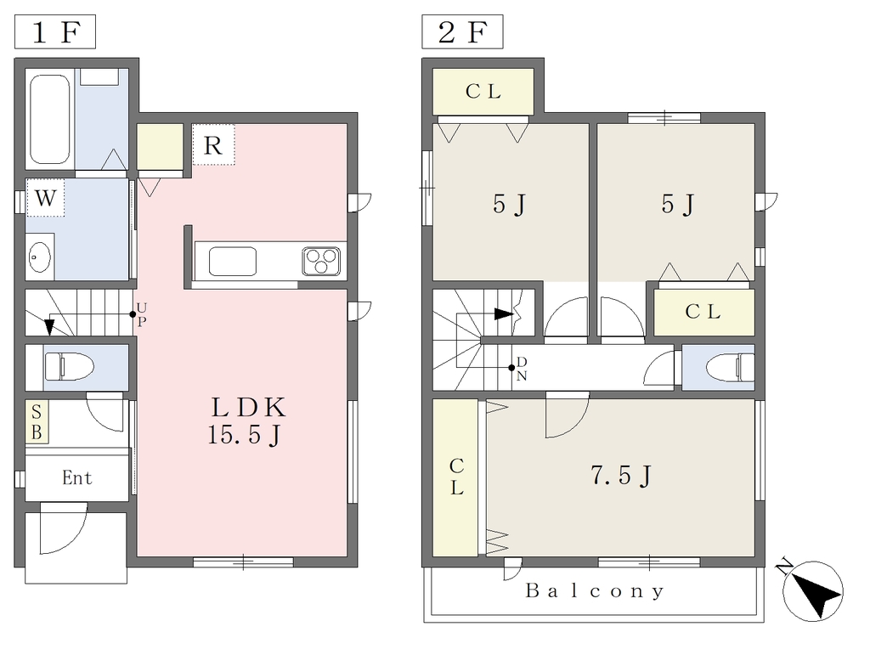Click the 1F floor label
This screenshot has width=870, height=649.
coord(55,32)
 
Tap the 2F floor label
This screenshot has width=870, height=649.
coord(462,32)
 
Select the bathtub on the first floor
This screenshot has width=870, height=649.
coord(50,119)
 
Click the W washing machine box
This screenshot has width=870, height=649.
coord(46,197)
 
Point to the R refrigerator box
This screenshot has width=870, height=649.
coord(213,144)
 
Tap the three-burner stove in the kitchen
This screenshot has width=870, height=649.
coord(321,262)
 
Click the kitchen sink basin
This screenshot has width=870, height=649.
coord(233,262)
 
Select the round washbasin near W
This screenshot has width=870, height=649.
coord(39,257)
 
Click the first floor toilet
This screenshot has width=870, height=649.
coord(69,367)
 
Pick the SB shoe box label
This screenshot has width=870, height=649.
coord(37,422)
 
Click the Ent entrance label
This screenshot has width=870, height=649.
coord(77,477)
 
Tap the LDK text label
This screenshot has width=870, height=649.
coord(248,408)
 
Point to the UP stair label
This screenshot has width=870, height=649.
coord(142,314)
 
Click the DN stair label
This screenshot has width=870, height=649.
coord(522,369)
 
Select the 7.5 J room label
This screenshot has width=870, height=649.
coord(621,476)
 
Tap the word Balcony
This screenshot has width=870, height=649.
coord(595,590)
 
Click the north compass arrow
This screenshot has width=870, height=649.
coord(814,591)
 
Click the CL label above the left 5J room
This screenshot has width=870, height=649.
coord(483,91)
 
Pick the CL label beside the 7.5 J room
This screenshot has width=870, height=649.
coord(456,477)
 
